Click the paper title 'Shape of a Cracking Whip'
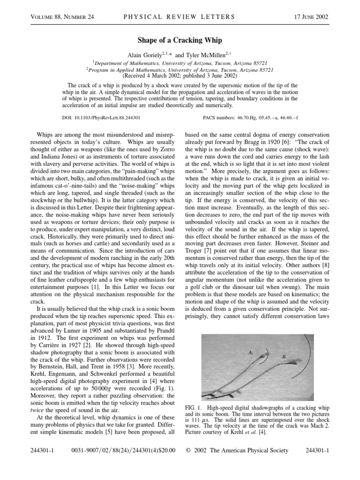point(180,41)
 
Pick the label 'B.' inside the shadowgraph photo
point(284,357)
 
